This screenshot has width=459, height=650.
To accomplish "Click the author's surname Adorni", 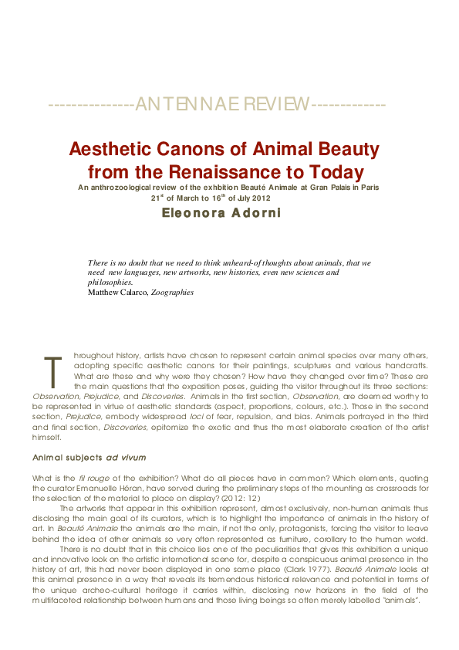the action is pos(266,212).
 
